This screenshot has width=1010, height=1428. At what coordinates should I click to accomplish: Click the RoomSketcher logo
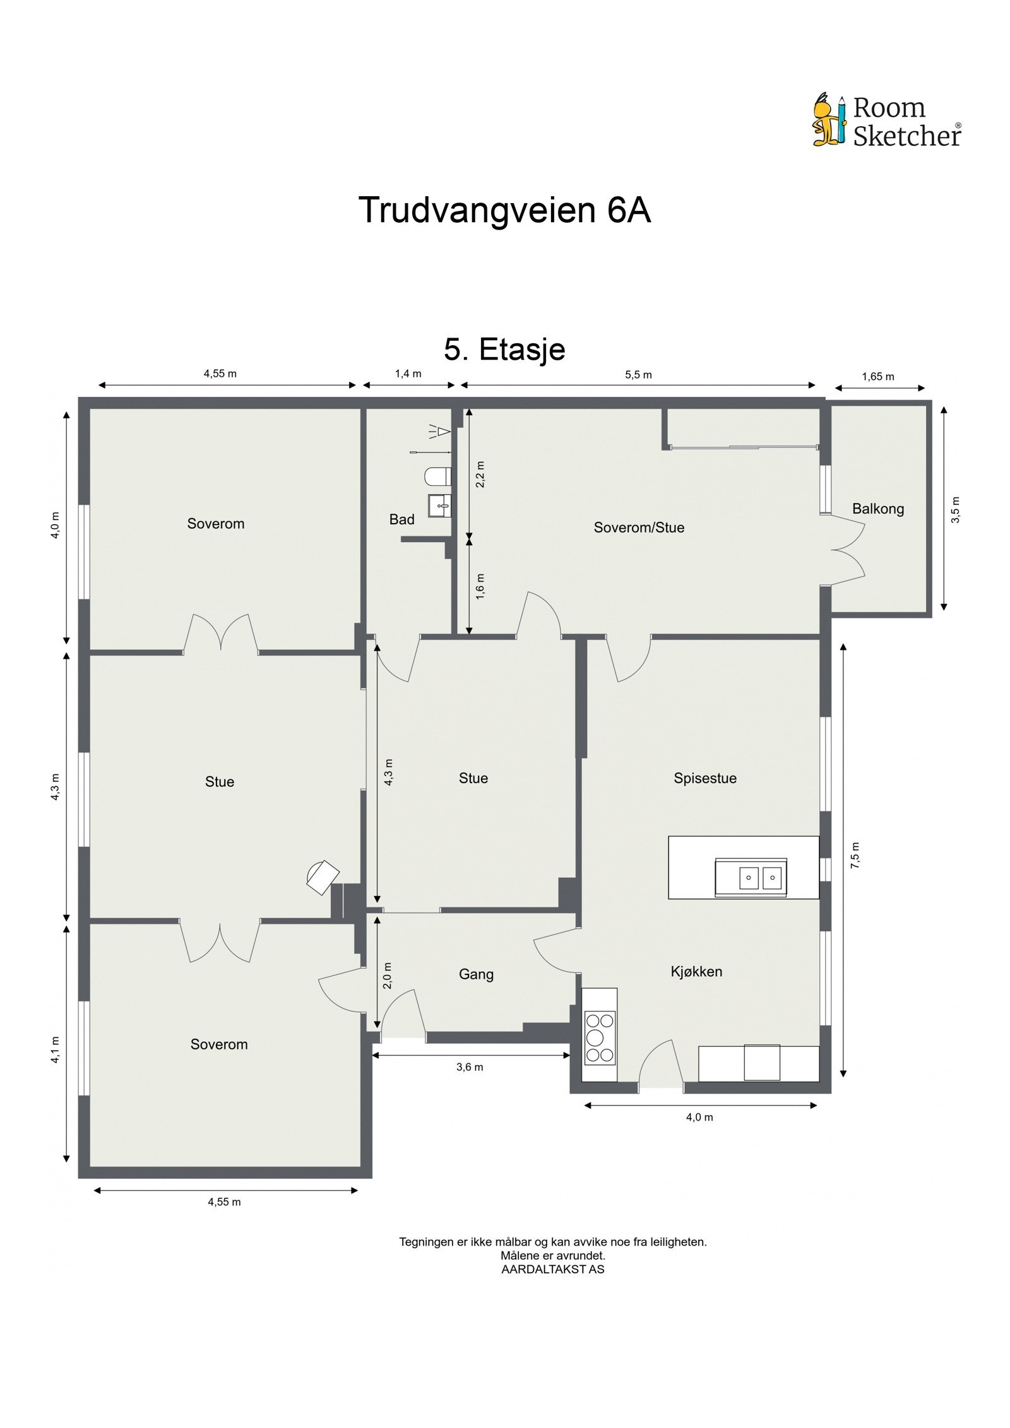pyautogui.click(x=886, y=121)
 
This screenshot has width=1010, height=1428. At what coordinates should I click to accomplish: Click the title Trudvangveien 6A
pyautogui.click(x=504, y=210)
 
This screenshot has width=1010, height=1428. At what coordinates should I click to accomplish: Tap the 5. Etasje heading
pyautogui.click(x=504, y=350)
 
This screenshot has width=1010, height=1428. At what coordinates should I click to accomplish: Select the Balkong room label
pyautogui.click(x=877, y=509)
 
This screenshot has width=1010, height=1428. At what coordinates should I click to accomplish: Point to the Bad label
pyautogui.click(x=401, y=519)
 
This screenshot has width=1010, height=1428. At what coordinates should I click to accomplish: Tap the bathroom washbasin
pyautogui.click(x=440, y=505)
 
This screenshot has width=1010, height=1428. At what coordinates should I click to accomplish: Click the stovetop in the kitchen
pyautogui.click(x=600, y=1037)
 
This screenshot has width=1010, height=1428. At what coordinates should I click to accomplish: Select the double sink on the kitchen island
pyautogui.click(x=759, y=878)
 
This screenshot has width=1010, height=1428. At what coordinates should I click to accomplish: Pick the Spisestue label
pyautogui.click(x=704, y=778)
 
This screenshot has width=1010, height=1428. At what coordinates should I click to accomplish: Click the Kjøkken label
pyautogui.click(x=696, y=971)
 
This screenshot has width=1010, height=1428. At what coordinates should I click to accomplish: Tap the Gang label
pyautogui.click(x=476, y=974)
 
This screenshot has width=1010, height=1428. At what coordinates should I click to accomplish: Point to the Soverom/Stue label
pyautogui.click(x=639, y=528)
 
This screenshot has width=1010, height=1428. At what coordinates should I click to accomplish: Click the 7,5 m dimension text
pyautogui.click(x=855, y=856)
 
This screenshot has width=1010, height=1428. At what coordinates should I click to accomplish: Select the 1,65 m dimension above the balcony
pyautogui.click(x=878, y=377)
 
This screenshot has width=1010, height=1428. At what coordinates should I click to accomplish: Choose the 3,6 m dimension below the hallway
pyautogui.click(x=470, y=1067)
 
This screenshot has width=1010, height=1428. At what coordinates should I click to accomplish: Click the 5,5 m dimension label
pyautogui.click(x=638, y=375)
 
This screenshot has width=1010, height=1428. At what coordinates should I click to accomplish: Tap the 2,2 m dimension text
pyautogui.click(x=480, y=475)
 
